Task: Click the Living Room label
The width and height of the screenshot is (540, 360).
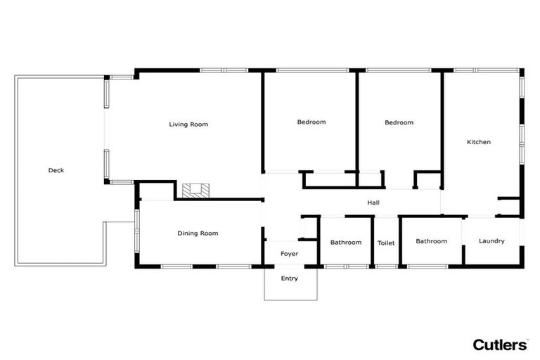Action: [x=188, y=124]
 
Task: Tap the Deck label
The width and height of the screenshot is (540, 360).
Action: [x=56, y=170]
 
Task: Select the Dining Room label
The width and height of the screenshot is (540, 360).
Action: [x=197, y=233]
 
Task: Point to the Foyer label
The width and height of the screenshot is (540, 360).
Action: [x=290, y=253]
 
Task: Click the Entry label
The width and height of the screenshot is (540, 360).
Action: [x=290, y=278]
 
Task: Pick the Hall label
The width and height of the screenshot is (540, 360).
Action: [x=373, y=202]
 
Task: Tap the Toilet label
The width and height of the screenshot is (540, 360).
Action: [x=386, y=243]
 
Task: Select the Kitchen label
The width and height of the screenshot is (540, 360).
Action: [x=479, y=142]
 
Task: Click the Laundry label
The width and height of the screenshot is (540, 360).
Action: [x=491, y=241]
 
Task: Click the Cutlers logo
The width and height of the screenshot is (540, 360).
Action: [x=500, y=345]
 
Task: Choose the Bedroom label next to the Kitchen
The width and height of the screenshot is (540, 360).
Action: [x=399, y=122]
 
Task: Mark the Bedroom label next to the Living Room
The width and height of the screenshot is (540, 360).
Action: [x=311, y=122]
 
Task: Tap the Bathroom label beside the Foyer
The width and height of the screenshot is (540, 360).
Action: [x=346, y=243]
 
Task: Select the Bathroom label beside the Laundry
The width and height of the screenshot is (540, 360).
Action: [x=431, y=241]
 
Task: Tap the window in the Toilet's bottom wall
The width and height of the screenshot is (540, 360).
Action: [x=386, y=266]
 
